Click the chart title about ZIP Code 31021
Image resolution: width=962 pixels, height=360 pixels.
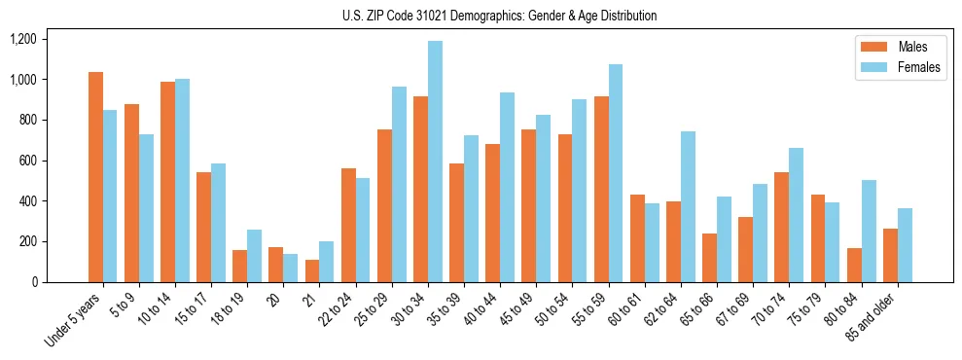coord(499,16)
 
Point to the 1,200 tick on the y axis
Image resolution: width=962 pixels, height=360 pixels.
coord(22,39)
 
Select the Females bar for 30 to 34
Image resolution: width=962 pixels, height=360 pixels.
coord(435,162)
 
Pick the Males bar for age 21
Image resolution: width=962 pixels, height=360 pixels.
coord(312,270)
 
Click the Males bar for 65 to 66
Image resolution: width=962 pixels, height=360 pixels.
coord(710,258)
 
